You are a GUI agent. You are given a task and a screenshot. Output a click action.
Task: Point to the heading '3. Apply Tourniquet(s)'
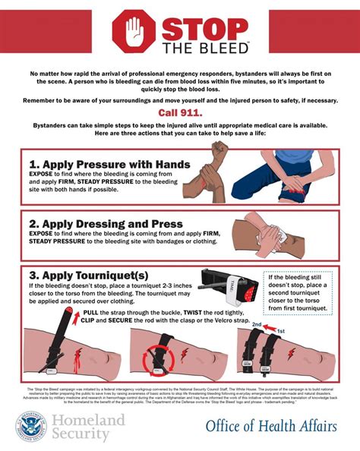[x=89, y=275]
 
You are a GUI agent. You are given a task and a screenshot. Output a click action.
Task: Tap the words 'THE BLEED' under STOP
[x=205, y=48]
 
